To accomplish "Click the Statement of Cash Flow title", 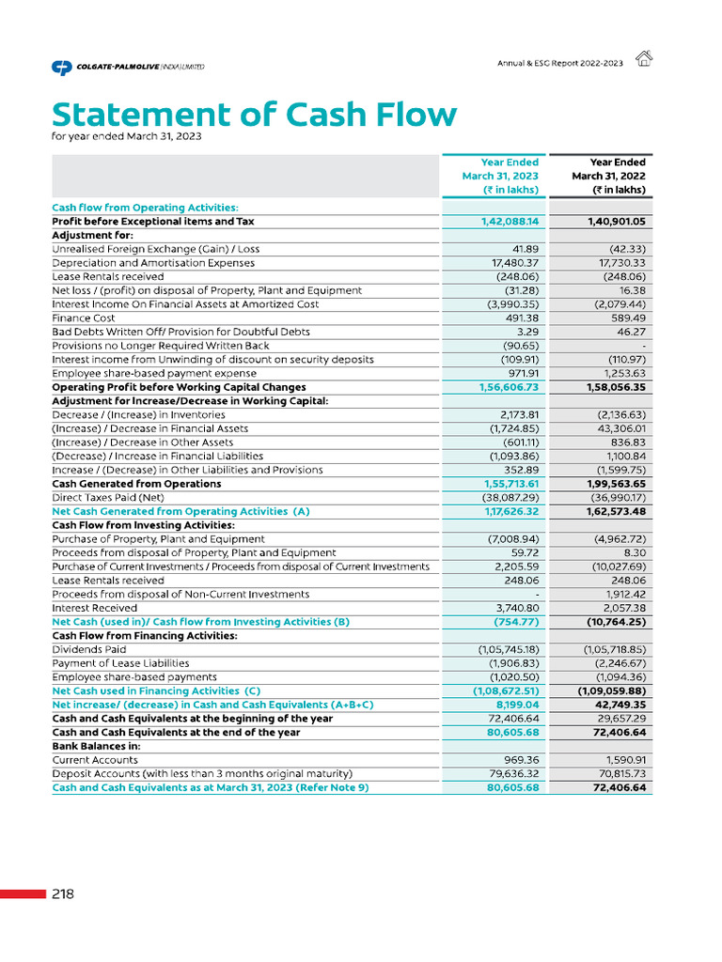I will click(254, 115).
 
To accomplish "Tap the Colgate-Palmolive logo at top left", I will click(127, 67).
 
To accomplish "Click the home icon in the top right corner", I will click(644, 59).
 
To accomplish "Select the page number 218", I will click(63, 893).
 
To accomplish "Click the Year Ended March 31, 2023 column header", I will click(499, 176).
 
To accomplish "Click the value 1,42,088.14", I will click(506, 222).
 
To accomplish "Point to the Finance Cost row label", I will click(84, 318).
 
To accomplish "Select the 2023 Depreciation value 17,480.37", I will click(512, 263).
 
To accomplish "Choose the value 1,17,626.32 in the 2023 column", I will click(506, 511).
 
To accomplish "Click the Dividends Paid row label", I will click(89, 649).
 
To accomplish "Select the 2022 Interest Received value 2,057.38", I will click(620, 608).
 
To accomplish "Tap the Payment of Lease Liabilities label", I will click(120, 662).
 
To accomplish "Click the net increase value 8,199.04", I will click(517, 704).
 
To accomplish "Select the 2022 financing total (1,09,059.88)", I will click(611, 690).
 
